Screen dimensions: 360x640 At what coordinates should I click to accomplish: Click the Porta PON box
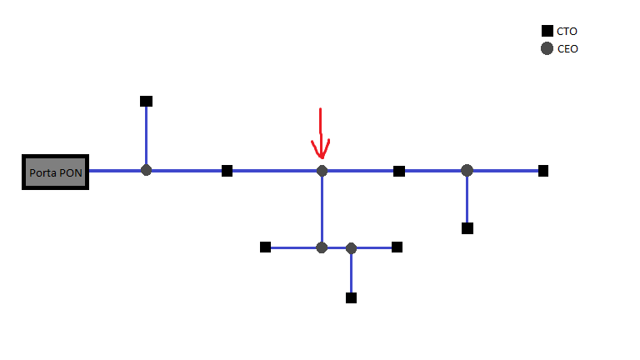[x=55, y=172]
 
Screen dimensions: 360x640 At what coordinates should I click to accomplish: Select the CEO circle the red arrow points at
[x=322, y=171]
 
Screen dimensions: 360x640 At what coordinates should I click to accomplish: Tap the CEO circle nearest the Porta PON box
[x=147, y=171]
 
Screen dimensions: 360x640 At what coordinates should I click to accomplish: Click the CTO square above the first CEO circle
[x=147, y=102]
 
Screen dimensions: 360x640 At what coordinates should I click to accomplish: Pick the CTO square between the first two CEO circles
[x=227, y=171]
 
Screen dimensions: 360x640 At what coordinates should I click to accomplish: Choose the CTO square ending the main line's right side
[x=543, y=171]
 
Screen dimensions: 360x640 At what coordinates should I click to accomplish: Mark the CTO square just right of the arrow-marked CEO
[x=399, y=171]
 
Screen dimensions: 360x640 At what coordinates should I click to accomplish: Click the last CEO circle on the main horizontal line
[x=467, y=171]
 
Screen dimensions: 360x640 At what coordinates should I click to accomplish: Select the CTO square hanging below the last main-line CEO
[x=467, y=228]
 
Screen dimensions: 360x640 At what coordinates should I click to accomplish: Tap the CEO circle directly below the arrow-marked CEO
[x=322, y=247]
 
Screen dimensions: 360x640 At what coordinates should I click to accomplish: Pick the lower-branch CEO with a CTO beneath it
[x=351, y=248]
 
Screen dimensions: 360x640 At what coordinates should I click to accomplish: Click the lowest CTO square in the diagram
[x=351, y=297]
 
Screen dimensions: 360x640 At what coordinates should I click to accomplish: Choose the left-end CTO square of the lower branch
[x=265, y=247]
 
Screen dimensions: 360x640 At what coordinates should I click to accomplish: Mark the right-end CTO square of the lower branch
[x=397, y=247]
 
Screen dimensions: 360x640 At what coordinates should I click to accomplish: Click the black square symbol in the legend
[x=547, y=32]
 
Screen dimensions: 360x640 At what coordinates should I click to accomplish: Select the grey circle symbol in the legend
[x=547, y=48]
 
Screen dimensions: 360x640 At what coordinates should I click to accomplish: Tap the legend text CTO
[x=567, y=32]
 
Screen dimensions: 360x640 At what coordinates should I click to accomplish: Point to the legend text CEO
[x=567, y=48]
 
